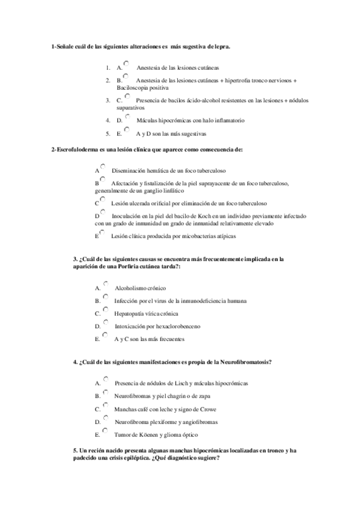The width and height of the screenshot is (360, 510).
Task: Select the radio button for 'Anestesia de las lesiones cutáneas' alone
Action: pos(126,64)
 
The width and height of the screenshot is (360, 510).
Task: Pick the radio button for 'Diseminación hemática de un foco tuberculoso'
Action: pos(103,167)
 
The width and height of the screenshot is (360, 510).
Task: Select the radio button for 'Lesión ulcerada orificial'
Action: pos(102,199)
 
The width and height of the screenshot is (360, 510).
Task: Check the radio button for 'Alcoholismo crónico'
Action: pos(105,284)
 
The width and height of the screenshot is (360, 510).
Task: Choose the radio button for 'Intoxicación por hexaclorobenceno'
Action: pos(105,322)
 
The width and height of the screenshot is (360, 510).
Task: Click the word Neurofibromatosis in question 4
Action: pos(243,362)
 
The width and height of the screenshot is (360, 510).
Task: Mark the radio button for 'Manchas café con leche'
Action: pos(105,405)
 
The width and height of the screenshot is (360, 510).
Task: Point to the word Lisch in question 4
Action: pos(177,383)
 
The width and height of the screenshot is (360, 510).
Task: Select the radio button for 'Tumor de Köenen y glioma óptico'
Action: pos(105,431)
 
